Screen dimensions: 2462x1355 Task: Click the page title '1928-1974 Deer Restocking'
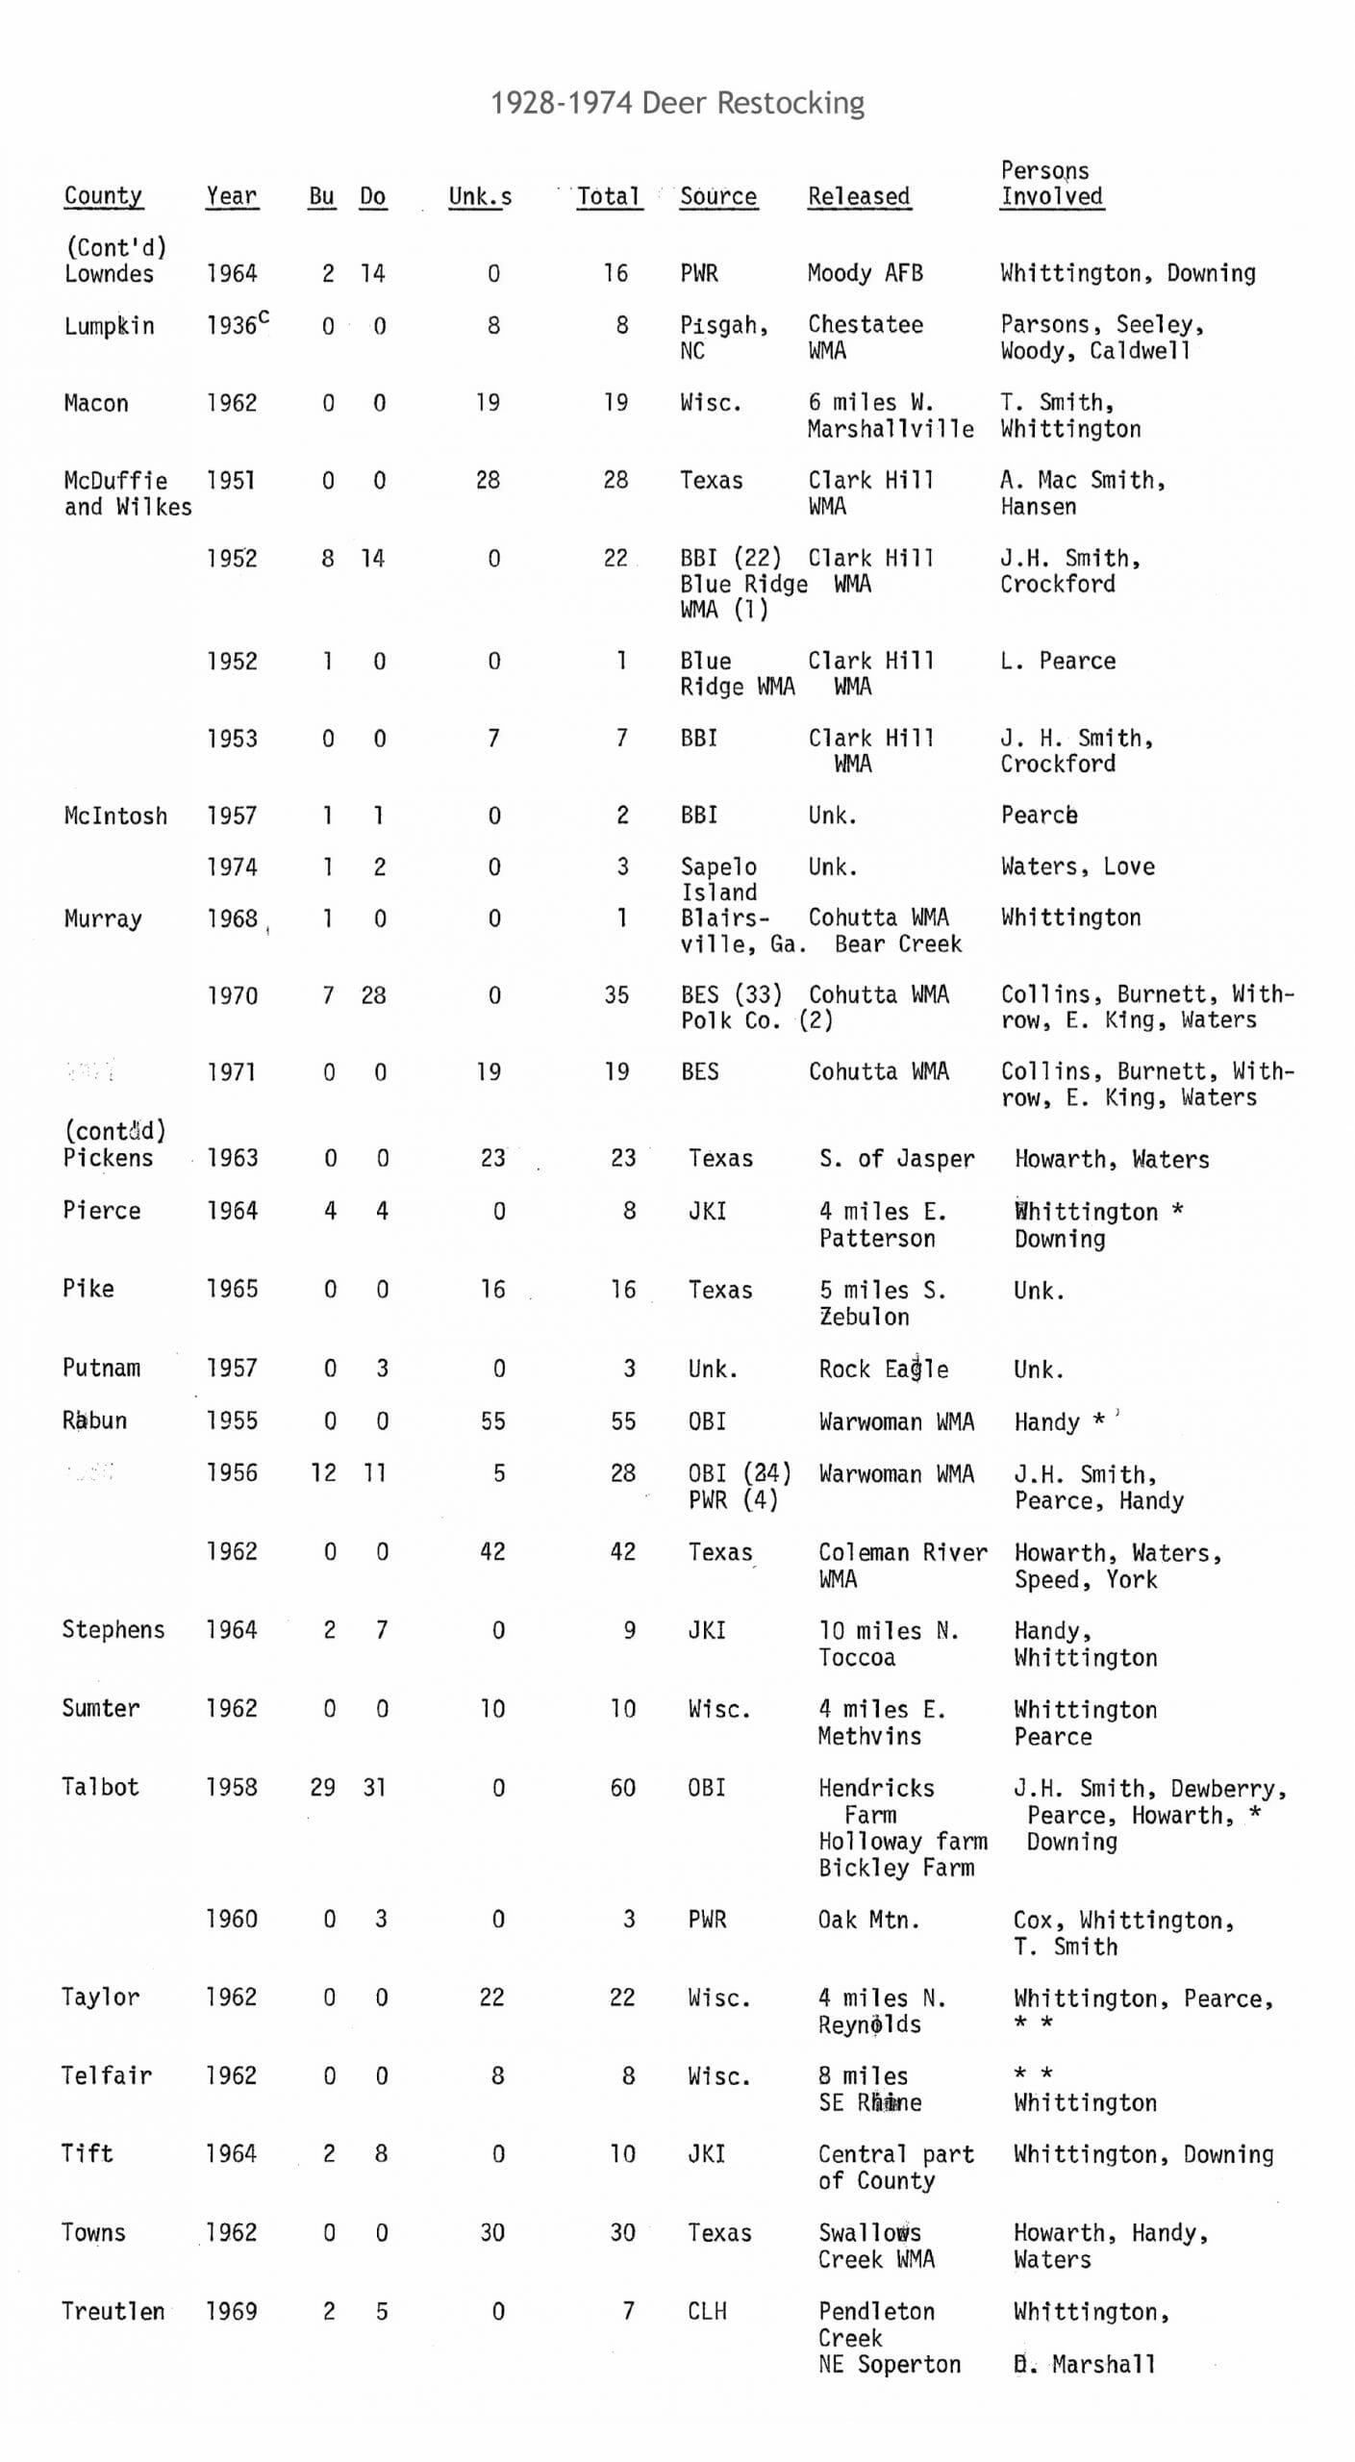[x=677, y=103]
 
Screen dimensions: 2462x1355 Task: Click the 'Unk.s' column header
[x=480, y=196]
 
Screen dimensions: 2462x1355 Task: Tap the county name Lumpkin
[x=109, y=326]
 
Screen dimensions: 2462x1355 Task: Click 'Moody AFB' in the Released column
[x=865, y=273]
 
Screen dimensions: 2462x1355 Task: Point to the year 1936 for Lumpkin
[x=233, y=326]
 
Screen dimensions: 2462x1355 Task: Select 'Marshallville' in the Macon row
[x=890, y=429]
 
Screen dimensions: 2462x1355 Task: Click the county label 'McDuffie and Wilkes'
[x=127, y=493]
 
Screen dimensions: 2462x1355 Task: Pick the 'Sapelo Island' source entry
[x=718, y=879]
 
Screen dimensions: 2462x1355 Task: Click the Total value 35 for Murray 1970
[x=616, y=994]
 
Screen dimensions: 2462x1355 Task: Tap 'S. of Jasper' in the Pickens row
[x=896, y=1159]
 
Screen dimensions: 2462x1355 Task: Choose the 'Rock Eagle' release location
[x=883, y=1369]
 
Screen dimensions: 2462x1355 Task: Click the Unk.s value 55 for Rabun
[x=492, y=1421]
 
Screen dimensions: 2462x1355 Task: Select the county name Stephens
[x=113, y=1629]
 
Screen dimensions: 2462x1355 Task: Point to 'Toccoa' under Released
[x=857, y=1657]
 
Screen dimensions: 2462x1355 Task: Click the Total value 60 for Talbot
[x=622, y=1788]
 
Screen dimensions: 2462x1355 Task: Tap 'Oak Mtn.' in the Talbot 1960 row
[x=868, y=1920]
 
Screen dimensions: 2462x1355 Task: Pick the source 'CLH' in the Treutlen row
[x=707, y=2311]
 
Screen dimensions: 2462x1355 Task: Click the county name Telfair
[x=107, y=2075]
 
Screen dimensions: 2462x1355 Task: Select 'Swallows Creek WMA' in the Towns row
[x=876, y=2246]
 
